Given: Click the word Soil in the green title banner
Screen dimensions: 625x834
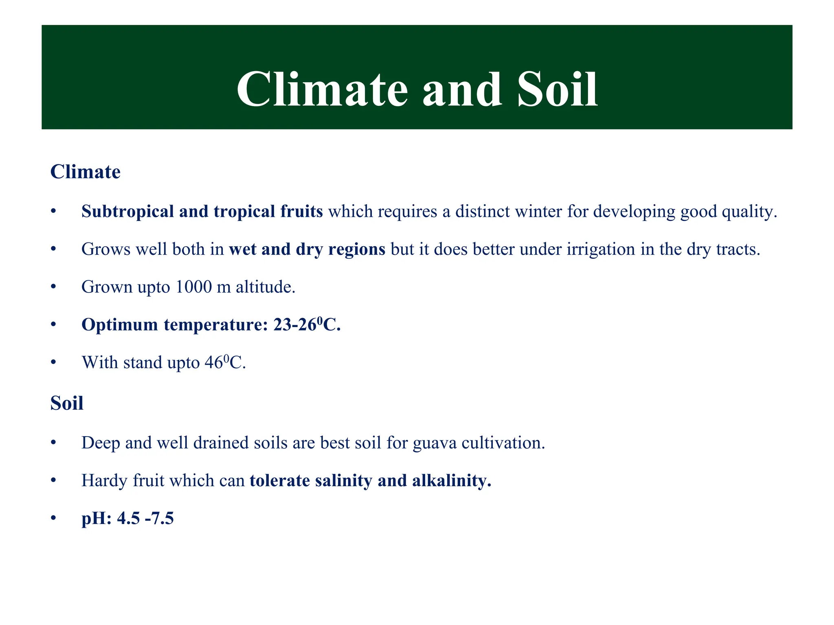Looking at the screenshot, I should [x=557, y=90].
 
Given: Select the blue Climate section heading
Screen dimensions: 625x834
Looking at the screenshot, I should [x=85, y=172].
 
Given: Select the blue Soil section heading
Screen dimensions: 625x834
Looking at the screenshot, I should [x=67, y=403].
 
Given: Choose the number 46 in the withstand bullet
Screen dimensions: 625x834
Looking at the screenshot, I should [x=213, y=363].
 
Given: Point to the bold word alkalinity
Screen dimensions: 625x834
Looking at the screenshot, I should [x=451, y=481].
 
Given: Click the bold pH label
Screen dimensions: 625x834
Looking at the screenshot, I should [x=96, y=519].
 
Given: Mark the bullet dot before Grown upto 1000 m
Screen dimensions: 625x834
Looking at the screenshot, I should [x=53, y=287].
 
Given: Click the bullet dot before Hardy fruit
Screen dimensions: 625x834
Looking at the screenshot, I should [x=53, y=481].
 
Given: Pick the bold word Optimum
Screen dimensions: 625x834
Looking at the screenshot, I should [x=119, y=325].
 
